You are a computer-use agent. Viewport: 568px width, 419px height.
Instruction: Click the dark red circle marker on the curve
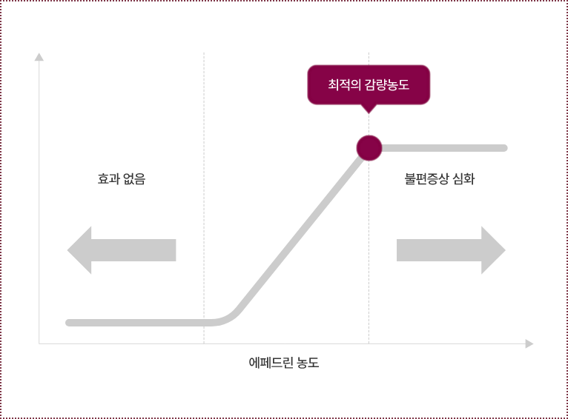pos(369,148)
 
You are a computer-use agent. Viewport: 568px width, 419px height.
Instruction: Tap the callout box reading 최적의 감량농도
pos(369,84)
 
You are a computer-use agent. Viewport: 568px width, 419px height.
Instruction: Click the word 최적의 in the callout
pos(344,84)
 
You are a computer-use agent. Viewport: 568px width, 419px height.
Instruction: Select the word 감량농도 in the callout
pos(386,84)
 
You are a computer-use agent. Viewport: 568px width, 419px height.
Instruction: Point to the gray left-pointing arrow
pos(121,250)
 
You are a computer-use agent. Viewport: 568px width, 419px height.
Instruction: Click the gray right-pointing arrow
pos(451,250)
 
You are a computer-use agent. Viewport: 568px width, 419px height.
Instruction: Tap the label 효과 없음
pos(122,178)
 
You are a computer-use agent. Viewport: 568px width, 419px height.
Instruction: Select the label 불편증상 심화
pos(440,178)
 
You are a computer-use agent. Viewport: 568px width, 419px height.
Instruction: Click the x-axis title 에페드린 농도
pos(284,363)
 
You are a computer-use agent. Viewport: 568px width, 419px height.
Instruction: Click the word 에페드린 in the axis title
pos(271,363)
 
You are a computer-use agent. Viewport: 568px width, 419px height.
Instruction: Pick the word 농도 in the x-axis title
pos(308,363)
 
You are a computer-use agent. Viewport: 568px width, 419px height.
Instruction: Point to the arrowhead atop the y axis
pos(39,57)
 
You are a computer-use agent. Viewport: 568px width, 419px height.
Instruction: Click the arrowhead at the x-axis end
pos(529,343)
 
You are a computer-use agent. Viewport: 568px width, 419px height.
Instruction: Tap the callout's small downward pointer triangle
pos(369,109)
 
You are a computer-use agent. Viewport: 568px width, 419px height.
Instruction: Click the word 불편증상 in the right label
pos(427,178)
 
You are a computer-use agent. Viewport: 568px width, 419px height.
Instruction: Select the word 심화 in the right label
pos(463,178)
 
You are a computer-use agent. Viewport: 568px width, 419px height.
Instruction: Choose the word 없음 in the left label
pos(134,178)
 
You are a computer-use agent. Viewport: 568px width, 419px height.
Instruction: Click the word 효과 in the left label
pos(108,178)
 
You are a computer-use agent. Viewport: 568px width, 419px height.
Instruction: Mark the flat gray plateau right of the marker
pos(445,148)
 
